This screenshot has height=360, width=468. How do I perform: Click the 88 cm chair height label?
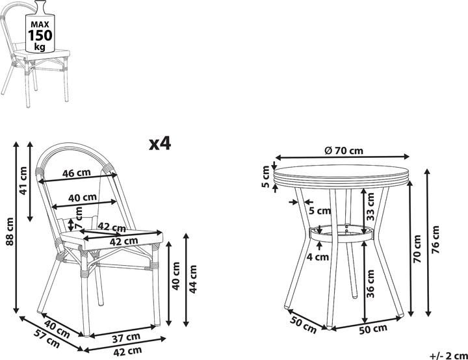coord(10,231)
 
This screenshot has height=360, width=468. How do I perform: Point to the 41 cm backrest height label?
coord(23,181)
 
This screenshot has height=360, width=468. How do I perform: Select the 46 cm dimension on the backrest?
coord(77,173)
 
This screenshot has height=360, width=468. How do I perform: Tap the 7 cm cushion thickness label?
coord(78,218)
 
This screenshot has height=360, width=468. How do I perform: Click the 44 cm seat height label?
coord(193,279)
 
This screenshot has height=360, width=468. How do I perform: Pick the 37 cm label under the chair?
coord(126,338)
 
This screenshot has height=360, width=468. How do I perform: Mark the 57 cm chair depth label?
coord(47,339)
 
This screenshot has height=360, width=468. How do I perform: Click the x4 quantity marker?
coord(160,144)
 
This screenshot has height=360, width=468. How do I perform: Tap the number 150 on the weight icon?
coord(40,35)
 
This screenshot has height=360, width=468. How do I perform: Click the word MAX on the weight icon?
coord(40,25)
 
